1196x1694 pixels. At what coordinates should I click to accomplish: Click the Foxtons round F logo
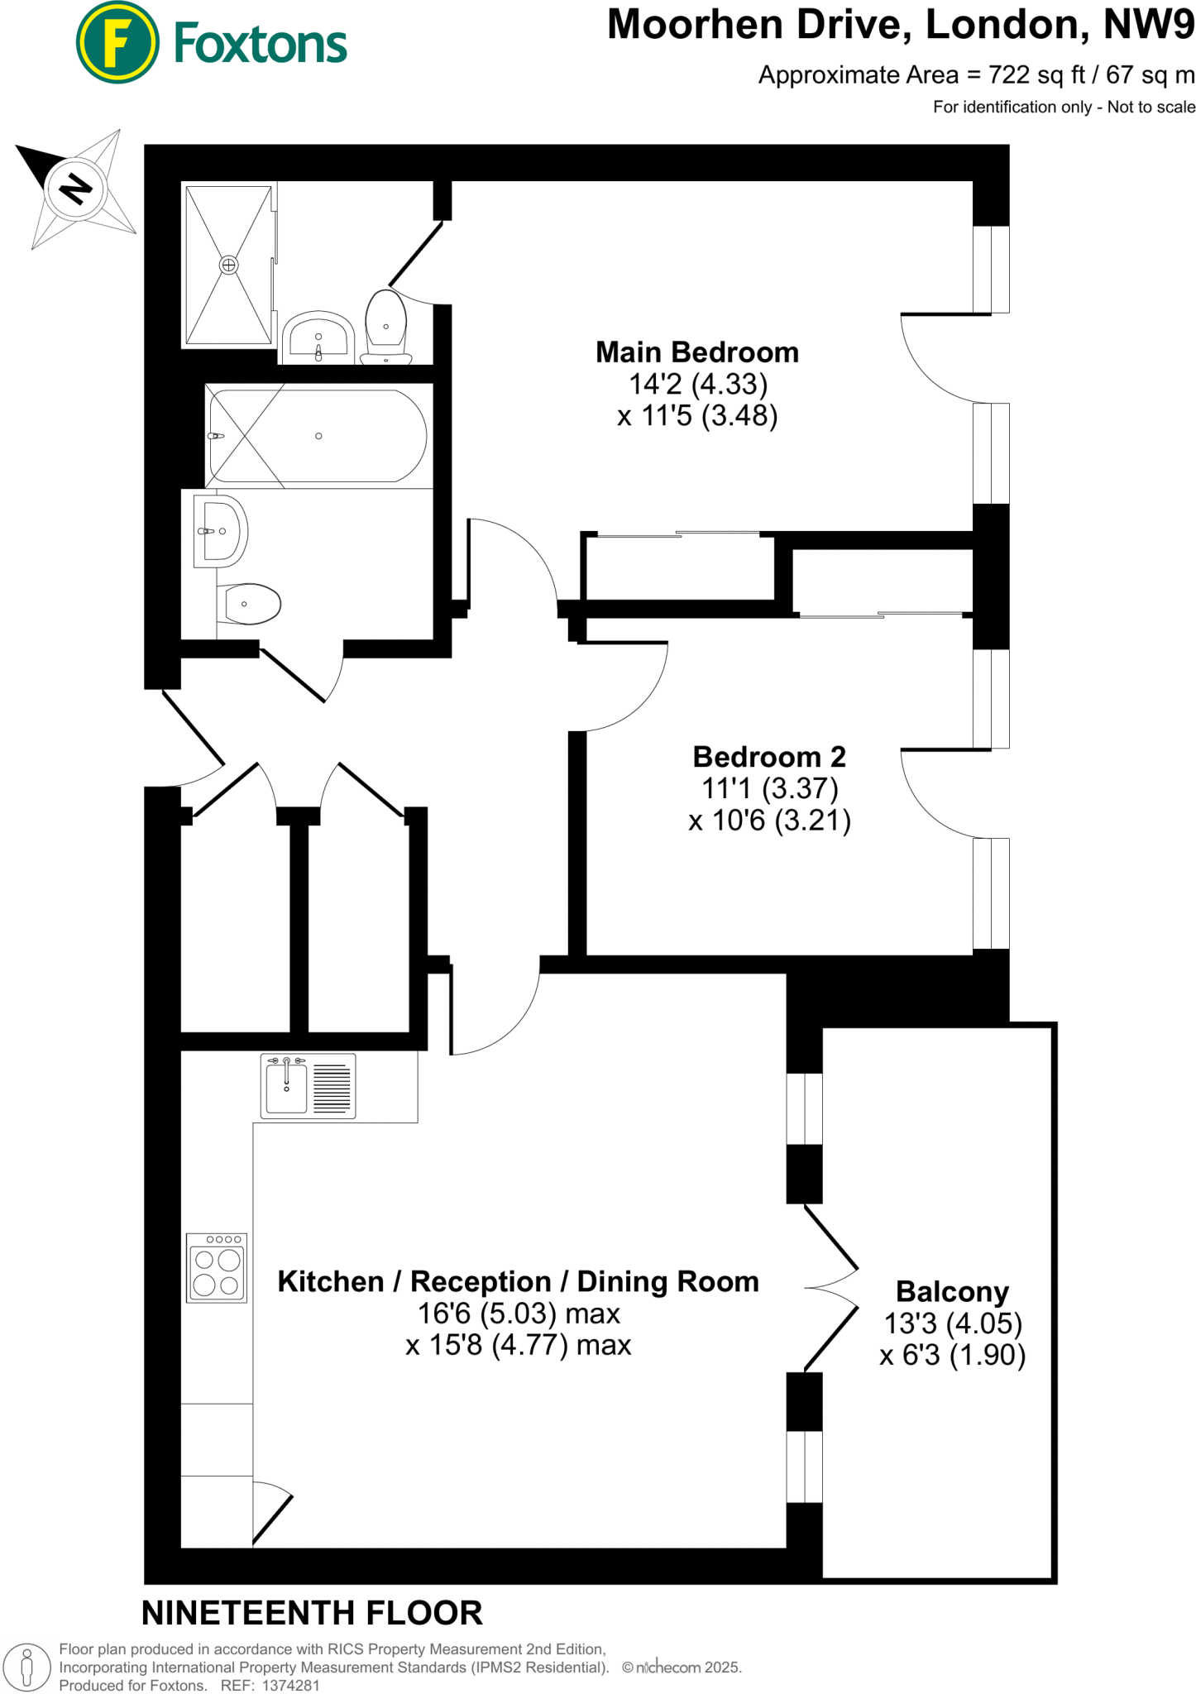[117, 43]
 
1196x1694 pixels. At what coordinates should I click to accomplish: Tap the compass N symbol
[76, 189]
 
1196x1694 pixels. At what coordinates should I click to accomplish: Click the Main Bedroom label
[696, 352]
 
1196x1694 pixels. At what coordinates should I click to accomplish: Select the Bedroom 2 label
[768, 757]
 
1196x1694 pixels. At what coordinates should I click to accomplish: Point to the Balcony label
[952, 1291]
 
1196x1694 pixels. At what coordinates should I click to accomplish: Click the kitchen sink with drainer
[308, 1086]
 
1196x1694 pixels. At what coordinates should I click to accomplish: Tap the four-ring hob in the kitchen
[217, 1267]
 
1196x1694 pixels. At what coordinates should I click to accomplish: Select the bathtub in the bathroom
[318, 436]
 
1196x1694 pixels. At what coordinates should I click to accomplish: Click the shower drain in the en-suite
[229, 266]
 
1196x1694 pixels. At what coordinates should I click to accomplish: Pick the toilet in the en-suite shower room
[386, 327]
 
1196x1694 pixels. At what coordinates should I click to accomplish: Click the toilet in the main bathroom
[251, 604]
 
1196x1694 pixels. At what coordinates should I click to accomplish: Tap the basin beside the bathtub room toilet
[219, 531]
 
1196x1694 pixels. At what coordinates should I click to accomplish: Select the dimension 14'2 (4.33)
[698, 384]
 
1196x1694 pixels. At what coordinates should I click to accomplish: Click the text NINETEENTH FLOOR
[312, 1613]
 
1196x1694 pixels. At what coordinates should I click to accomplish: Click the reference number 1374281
[290, 1685]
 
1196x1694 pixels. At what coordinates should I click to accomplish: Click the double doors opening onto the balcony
[831, 1288]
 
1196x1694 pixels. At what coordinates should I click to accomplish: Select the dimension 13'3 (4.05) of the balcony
[953, 1323]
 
